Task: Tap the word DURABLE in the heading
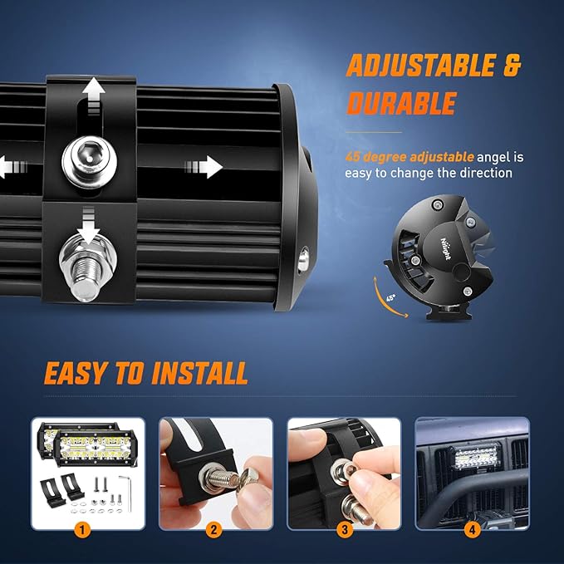tap(401, 103)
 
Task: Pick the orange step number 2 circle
tap(215, 527)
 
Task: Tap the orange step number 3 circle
tap(344, 527)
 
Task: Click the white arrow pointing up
tap(92, 93)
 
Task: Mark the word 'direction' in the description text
tap(483, 173)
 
